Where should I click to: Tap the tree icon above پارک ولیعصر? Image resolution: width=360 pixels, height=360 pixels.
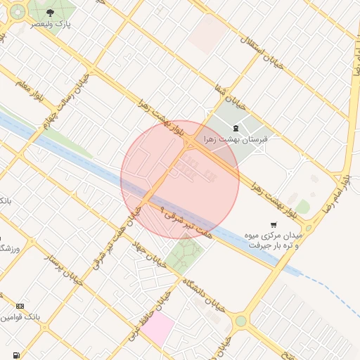click(x=49, y=13)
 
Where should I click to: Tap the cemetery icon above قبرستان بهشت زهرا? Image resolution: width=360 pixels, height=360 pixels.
click(x=236, y=128)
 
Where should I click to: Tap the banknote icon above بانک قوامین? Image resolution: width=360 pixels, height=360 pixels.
click(x=20, y=307)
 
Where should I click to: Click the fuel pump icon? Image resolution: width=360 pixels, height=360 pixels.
click(x=15, y=356)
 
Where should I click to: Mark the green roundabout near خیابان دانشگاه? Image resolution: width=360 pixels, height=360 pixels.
click(x=241, y=321)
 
